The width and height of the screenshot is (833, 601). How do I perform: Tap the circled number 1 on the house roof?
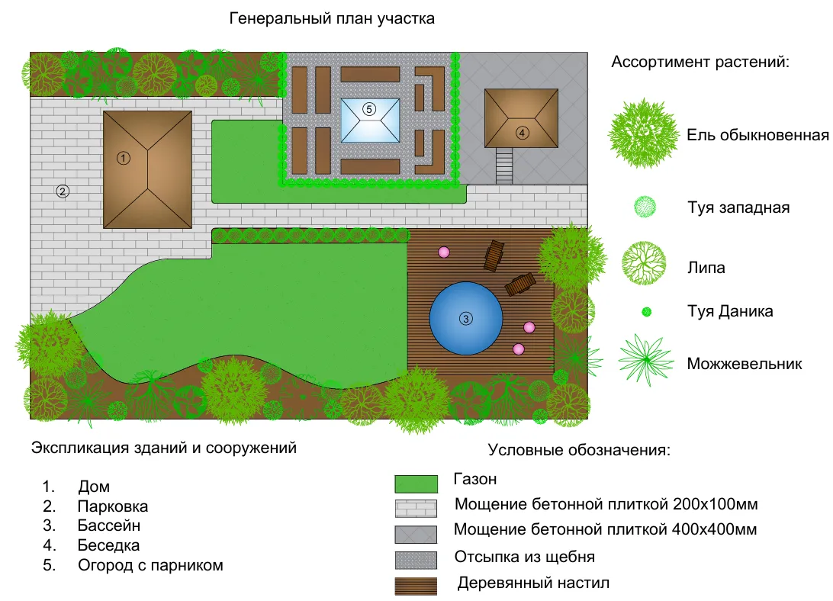click(124, 158)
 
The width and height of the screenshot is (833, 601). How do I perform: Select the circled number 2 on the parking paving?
click(63, 191)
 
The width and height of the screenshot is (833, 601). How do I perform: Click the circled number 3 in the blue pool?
click(465, 318)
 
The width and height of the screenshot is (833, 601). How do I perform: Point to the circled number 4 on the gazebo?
click(522, 133)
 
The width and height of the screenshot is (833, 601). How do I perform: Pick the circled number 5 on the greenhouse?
click(369, 109)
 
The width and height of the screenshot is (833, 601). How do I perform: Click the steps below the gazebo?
click(505, 165)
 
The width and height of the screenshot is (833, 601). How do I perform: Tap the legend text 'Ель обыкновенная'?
click(757, 136)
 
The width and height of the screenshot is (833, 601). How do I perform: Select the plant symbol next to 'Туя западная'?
click(645, 207)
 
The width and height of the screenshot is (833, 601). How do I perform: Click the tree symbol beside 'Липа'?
click(644, 262)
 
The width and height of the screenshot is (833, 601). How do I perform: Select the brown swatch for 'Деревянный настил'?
click(416, 586)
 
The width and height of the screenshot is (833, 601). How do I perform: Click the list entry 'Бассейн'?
click(108, 525)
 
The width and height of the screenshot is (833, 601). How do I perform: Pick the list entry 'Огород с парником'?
click(150, 565)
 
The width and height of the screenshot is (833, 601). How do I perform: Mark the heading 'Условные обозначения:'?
click(579, 449)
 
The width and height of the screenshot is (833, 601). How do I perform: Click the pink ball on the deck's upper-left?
click(443, 252)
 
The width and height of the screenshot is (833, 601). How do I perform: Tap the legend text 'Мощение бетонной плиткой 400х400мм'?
click(605, 529)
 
